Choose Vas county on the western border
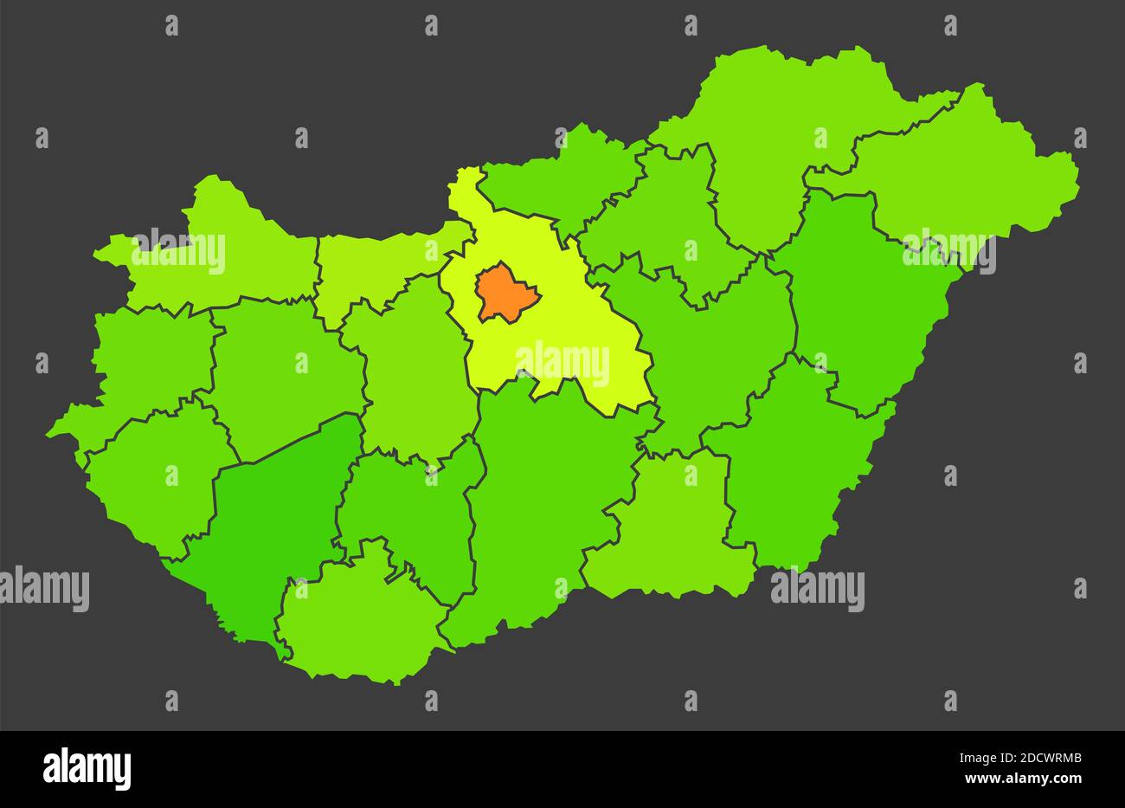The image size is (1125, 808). coord(151,355)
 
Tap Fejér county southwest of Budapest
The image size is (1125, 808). coord(415,364)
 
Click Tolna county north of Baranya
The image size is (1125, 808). coord(407,511)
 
